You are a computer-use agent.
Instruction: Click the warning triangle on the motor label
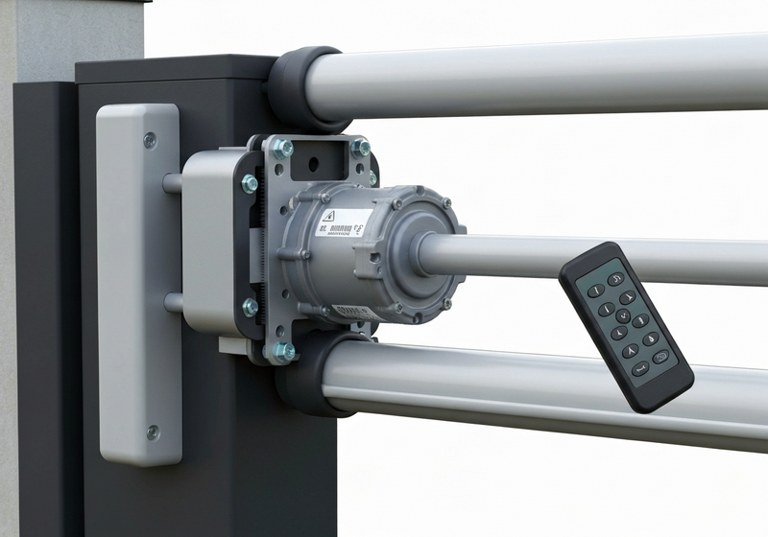click(327, 217)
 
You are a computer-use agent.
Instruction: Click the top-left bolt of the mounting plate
click(281, 148)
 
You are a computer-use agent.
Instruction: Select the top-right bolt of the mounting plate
click(360, 147)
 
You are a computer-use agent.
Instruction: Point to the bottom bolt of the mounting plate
click(283, 352)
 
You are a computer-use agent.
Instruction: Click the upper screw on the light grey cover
click(150, 140)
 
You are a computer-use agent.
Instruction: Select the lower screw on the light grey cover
click(152, 432)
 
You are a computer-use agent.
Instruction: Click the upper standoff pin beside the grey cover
click(173, 182)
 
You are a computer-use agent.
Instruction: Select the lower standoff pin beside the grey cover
click(173, 302)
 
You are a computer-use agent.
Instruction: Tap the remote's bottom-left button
click(634, 368)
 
